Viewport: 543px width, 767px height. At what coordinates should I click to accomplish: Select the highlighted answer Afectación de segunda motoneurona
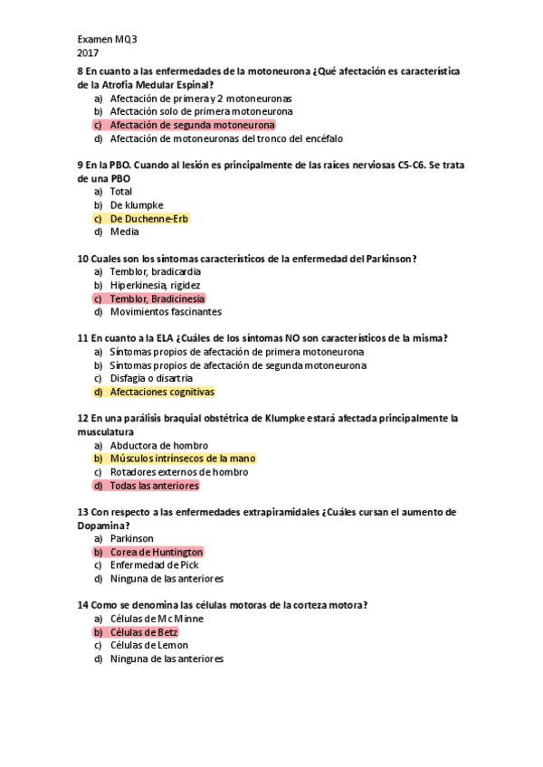(x=192, y=126)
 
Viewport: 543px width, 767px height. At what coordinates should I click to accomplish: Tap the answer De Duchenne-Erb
(x=149, y=219)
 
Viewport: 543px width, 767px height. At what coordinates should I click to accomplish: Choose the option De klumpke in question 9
(x=137, y=205)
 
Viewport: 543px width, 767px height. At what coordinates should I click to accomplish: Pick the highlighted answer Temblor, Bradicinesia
(x=157, y=298)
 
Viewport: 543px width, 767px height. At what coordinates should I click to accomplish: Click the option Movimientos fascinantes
(x=166, y=312)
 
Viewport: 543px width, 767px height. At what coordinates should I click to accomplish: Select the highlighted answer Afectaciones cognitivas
(x=162, y=393)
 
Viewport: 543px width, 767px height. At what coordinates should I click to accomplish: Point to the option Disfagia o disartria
(x=151, y=378)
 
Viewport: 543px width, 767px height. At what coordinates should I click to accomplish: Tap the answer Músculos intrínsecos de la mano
(x=183, y=459)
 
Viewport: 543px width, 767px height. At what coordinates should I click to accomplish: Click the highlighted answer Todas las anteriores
(x=154, y=486)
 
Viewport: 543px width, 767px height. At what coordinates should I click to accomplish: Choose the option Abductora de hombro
(x=158, y=446)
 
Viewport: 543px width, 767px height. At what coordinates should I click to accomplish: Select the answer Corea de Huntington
(x=157, y=552)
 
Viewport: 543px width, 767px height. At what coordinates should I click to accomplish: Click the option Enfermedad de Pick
(x=154, y=565)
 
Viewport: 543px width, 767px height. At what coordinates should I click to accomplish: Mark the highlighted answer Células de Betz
(x=144, y=632)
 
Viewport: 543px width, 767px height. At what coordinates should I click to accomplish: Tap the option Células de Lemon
(x=148, y=646)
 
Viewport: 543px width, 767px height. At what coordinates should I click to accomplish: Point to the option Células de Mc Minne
(x=157, y=619)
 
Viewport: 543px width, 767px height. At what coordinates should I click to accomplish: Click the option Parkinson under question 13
(x=132, y=538)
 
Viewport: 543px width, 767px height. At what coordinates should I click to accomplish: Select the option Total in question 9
(x=121, y=192)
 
